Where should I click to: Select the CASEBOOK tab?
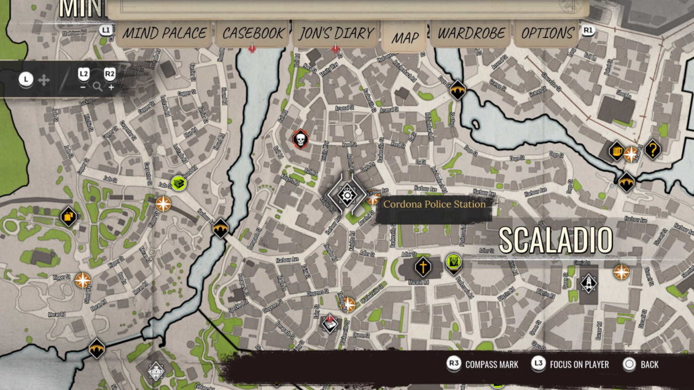[x=253, y=33]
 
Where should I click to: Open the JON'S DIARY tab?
[x=336, y=33]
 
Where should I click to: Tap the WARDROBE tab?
[x=471, y=33]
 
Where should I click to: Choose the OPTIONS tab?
[x=547, y=33]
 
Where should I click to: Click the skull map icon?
[x=300, y=139]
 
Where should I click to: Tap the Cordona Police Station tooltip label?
[x=434, y=204]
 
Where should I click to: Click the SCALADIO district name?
[x=555, y=240]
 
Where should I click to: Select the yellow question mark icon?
[x=652, y=148]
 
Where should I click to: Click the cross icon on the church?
[x=423, y=267]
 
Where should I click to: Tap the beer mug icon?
[x=617, y=151]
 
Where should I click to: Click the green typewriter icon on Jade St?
[x=179, y=182]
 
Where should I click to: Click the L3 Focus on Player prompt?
[x=571, y=364]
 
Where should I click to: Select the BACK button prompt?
[x=640, y=364]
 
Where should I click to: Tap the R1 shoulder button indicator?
[x=588, y=29]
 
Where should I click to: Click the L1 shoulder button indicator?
[x=106, y=29]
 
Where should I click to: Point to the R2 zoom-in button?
[x=109, y=74]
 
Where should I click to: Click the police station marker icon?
[x=348, y=195]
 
